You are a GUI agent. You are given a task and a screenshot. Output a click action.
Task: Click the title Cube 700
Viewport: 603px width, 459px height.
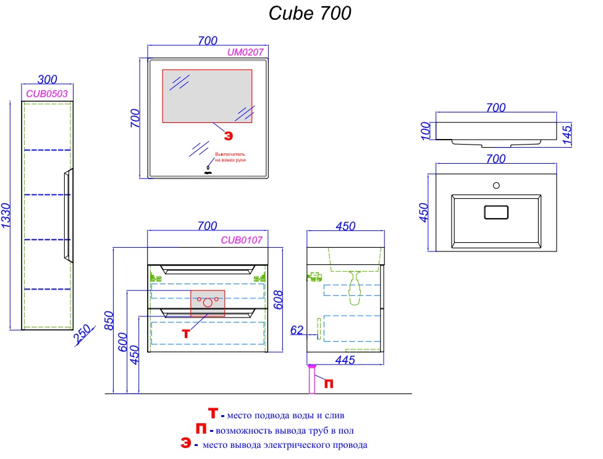[310, 13]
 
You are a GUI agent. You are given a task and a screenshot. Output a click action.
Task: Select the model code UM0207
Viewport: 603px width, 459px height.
[245, 53]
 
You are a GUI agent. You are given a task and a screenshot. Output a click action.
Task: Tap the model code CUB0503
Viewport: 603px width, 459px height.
[47, 93]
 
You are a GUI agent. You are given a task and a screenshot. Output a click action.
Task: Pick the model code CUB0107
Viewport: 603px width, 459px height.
[242, 240]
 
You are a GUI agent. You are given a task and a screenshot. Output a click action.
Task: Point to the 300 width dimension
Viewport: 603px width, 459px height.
[47, 80]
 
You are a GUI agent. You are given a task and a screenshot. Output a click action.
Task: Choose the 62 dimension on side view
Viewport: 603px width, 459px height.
[297, 331]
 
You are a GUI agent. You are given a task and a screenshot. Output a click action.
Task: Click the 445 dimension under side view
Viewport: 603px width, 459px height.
[344, 360]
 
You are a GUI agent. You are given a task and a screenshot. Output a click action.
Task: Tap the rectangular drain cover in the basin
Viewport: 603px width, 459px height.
[495, 212]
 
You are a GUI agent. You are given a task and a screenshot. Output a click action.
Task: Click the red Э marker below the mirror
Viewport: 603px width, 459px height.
[228, 135]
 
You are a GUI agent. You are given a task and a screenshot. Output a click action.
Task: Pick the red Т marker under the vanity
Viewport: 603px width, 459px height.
[186, 333]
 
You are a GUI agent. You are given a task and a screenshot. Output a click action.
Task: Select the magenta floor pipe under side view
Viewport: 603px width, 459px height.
[312, 379]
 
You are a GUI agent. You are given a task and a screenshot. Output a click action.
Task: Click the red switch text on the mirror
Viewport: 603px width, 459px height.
[230, 157]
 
